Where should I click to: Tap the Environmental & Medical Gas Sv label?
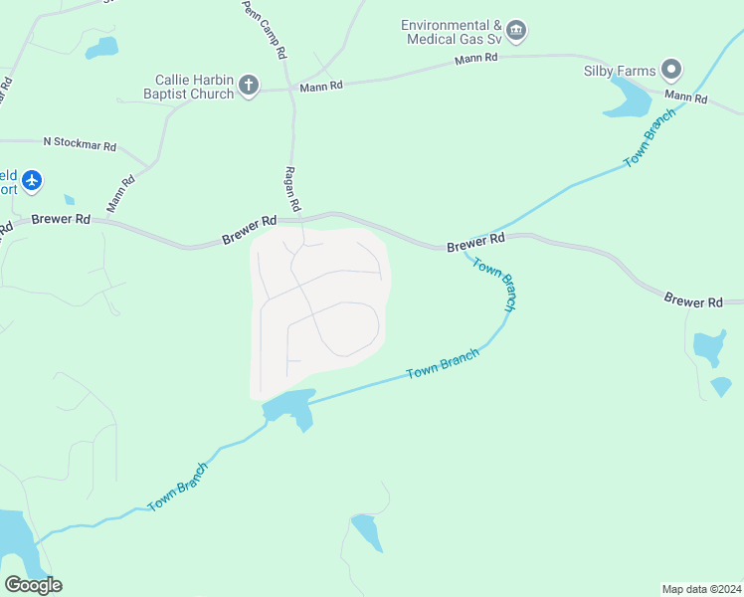(x=452, y=32)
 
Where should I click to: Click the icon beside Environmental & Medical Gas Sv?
(x=515, y=32)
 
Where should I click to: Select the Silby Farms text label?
(x=620, y=70)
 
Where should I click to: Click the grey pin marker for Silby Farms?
(x=671, y=70)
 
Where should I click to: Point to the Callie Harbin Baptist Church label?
(x=194, y=87)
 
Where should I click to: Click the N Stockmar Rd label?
(x=80, y=144)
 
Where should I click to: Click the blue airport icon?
(x=33, y=180)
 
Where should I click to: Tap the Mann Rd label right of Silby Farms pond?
(x=685, y=98)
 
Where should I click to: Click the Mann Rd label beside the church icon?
(x=321, y=87)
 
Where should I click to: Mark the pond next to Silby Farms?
(x=627, y=98)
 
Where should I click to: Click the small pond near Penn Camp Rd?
(x=101, y=47)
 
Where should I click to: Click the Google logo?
(x=33, y=584)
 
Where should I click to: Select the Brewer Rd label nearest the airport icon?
(x=61, y=219)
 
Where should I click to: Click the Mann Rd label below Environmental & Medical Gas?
(x=475, y=59)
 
